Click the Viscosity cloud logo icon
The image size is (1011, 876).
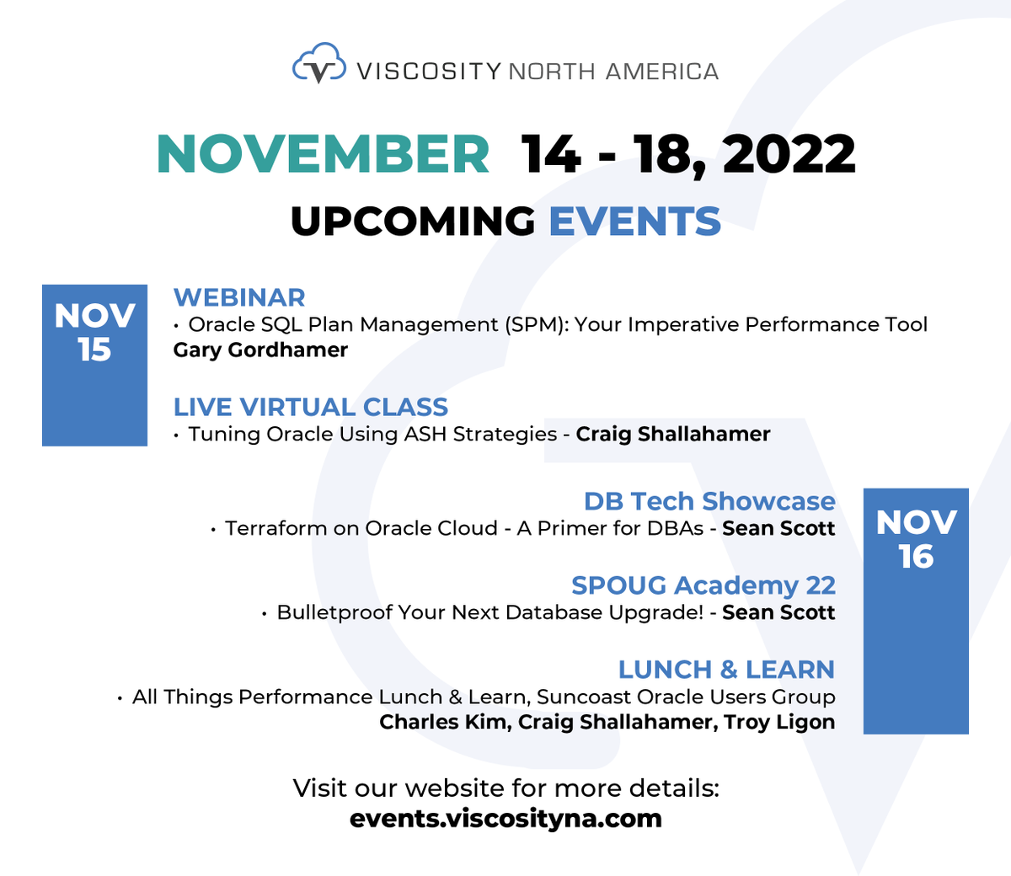coord(318,65)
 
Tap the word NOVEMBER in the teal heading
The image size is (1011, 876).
coord(323,154)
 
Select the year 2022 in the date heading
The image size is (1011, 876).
coord(789,154)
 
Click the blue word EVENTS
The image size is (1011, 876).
coord(634,222)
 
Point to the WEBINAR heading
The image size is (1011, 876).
coord(239,297)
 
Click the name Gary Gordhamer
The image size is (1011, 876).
coord(260,350)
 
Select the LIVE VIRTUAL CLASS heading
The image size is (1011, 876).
coord(311,407)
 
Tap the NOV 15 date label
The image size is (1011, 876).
coord(94,333)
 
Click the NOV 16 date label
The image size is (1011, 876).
coord(916,539)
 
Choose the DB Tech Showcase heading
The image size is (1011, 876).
coord(709,501)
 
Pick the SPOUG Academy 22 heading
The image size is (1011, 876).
coord(703,585)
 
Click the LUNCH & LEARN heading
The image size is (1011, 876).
coord(726,670)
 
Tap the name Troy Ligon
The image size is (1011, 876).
coord(779,722)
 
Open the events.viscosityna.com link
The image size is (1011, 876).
coord(505,818)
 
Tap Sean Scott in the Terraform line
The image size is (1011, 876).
coord(778,528)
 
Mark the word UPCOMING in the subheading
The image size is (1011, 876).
coord(413,222)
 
